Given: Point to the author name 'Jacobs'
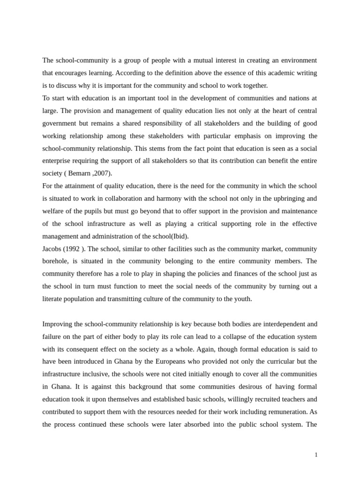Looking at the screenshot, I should point(52,249).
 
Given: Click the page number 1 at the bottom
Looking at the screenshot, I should point(316,455).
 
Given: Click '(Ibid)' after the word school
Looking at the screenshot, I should point(180,236).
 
